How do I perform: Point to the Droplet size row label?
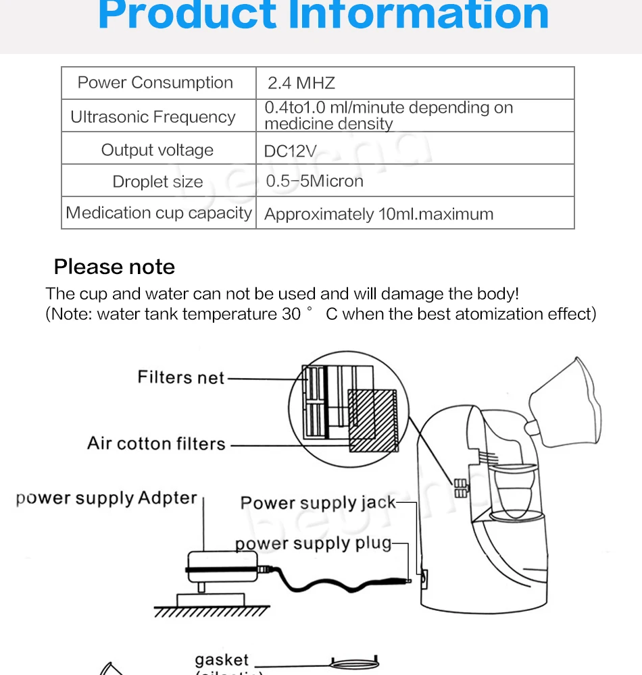tap(157, 182)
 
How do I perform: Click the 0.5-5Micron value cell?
tap(315, 181)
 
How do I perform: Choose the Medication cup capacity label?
tap(159, 213)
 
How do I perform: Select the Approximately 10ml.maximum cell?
tap(378, 215)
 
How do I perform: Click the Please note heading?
tap(114, 267)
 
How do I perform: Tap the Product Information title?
tap(323, 16)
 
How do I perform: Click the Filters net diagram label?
tap(181, 377)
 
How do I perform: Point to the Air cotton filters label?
tap(156, 443)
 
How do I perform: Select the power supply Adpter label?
tap(107, 499)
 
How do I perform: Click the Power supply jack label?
tap(318, 503)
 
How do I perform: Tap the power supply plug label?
tap(313, 543)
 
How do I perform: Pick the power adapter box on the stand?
tap(222, 563)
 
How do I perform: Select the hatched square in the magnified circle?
tap(371, 420)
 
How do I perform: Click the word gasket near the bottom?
tap(222, 659)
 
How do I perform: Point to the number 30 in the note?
tap(291, 314)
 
